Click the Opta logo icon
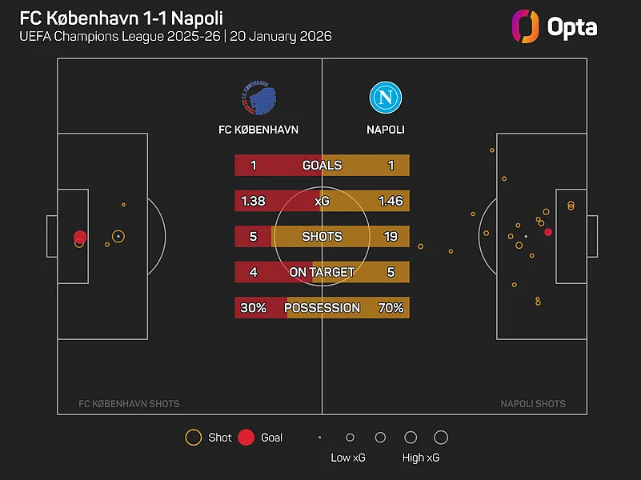click(525, 26)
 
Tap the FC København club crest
click(258, 98)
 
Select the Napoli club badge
click(385, 98)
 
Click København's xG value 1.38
click(253, 201)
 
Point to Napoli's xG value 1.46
click(391, 201)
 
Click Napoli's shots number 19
click(391, 237)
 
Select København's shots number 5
click(253, 237)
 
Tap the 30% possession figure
click(253, 308)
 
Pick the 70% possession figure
click(391, 308)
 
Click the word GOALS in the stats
click(322, 166)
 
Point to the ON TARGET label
click(322, 272)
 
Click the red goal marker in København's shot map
click(80, 236)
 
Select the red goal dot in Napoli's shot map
click(548, 232)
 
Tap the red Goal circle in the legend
click(246, 438)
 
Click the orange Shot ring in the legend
click(193, 438)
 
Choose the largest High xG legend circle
click(440, 438)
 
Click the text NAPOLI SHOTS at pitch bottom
click(533, 404)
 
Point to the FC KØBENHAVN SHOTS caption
click(129, 404)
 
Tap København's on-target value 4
click(253, 272)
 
